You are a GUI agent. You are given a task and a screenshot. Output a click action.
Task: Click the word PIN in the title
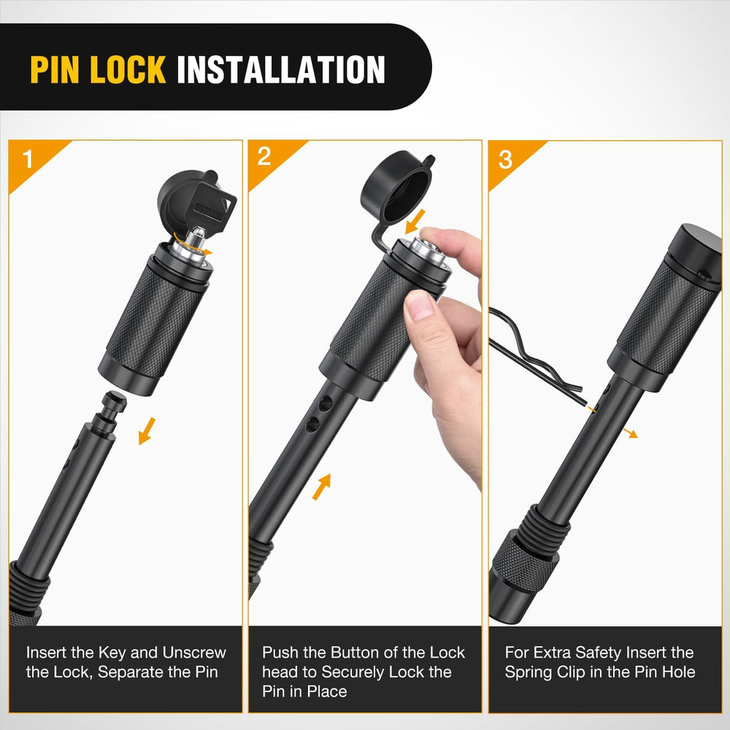[55, 69]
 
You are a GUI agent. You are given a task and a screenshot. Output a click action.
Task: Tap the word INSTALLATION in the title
[281, 69]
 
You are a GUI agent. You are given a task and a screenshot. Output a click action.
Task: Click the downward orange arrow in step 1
[147, 431]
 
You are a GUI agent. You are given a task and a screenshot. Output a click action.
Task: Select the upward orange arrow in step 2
[322, 487]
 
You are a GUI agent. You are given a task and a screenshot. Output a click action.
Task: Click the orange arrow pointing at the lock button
[415, 221]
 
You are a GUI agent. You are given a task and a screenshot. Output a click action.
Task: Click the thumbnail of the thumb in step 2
[418, 305]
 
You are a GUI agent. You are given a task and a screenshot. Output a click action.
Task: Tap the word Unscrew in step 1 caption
[194, 652]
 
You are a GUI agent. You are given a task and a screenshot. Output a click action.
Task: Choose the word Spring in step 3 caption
[529, 673]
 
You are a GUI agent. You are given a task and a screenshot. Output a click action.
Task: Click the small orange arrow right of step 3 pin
[630, 434]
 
